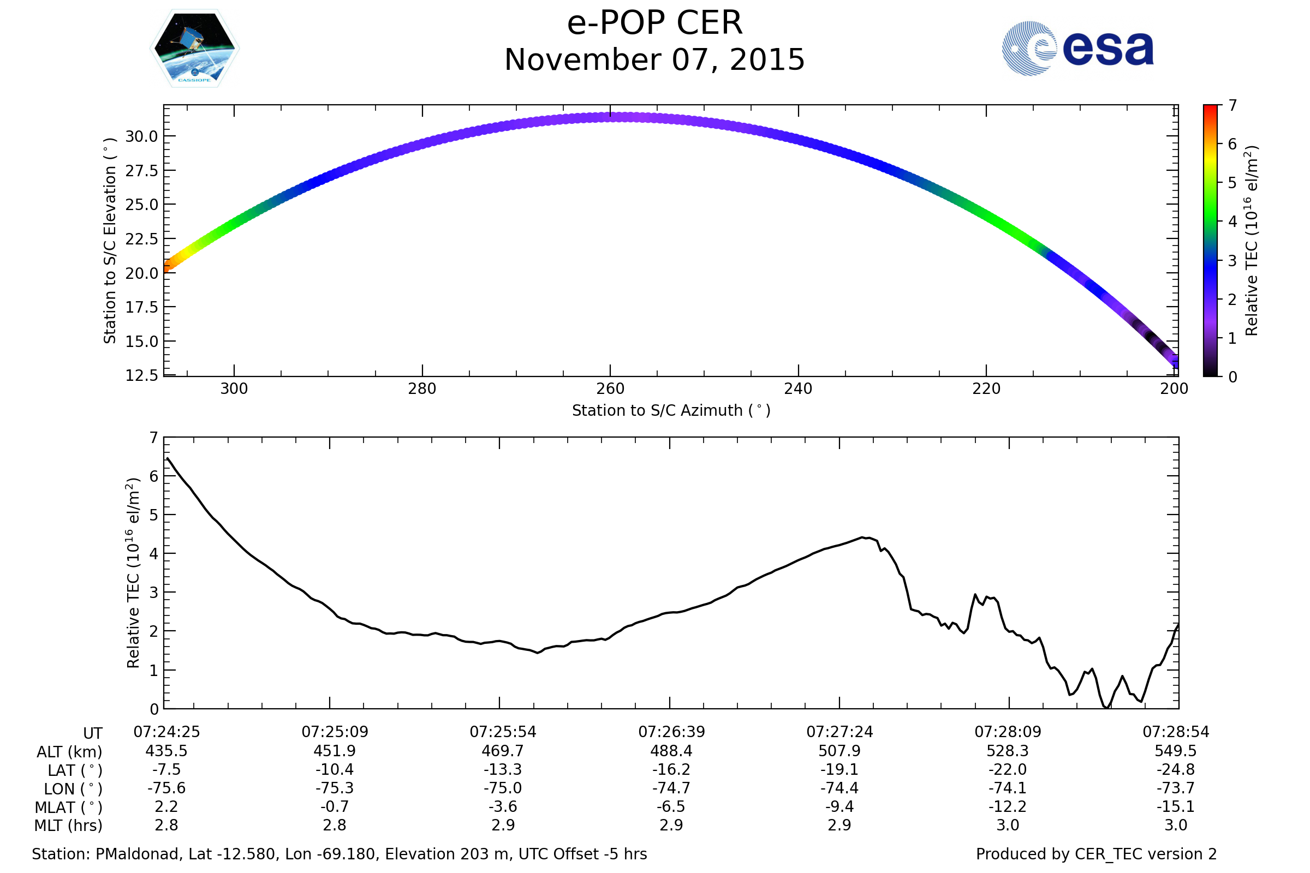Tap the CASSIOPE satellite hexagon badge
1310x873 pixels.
pyautogui.click(x=194, y=49)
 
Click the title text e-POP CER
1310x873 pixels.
pyautogui.click(x=654, y=23)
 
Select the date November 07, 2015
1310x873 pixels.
pyautogui.click(x=654, y=60)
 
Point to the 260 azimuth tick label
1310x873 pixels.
pyautogui.click(x=610, y=388)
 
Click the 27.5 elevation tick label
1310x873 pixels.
pyautogui.click(x=141, y=171)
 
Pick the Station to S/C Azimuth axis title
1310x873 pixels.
pyautogui.click(x=671, y=411)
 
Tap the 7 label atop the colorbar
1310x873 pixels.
pyautogui.click(x=1232, y=105)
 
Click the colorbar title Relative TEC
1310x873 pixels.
pyautogui.click(x=1251, y=241)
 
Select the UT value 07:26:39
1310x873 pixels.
pyautogui.click(x=671, y=732)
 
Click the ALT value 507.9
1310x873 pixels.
pyautogui.click(x=839, y=751)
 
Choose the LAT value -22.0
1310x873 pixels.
pyautogui.click(x=1008, y=769)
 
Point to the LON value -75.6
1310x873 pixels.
pyautogui.click(x=166, y=788)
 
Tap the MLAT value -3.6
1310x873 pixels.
pyautogui.click(x=503, y=807)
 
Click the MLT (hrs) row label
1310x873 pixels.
pyautogui.click(x=69, y=826)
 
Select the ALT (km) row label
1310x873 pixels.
pyautogui.click(x=70, y=752)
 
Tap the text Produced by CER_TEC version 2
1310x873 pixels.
pyautogui.click(x=1096, y=854)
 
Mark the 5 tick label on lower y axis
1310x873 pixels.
pyautogui.click(x=154, y=515)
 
